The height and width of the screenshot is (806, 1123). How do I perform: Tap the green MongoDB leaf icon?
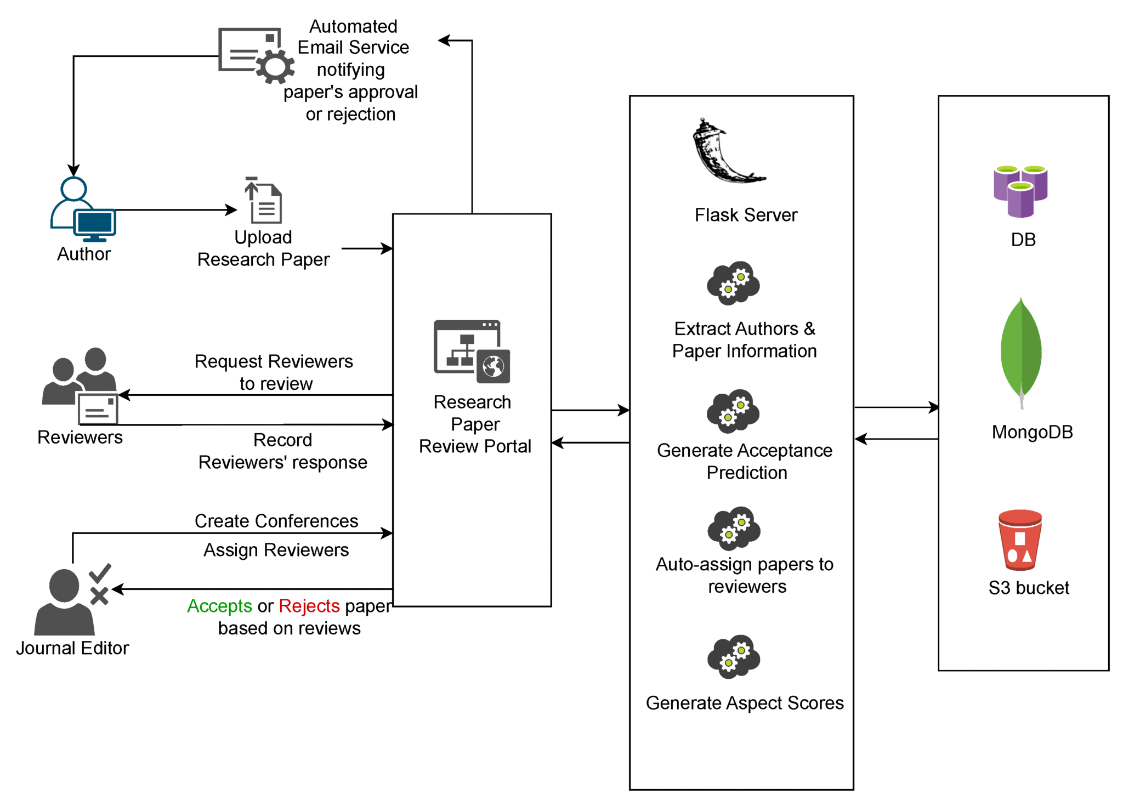1020,351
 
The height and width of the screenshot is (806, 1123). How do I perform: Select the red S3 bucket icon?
1019,540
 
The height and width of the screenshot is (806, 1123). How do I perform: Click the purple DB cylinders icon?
1020,191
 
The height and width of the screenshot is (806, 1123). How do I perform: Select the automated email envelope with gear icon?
255,55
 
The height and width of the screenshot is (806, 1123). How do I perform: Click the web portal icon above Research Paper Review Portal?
472,351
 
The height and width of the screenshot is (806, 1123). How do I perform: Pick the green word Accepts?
219,606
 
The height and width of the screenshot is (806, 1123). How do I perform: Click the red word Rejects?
309,606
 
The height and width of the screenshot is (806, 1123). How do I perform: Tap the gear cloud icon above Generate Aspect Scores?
733,656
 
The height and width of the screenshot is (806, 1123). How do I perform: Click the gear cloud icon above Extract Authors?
733,283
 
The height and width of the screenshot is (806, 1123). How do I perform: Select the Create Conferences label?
276,521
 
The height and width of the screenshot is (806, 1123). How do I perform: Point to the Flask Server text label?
746,215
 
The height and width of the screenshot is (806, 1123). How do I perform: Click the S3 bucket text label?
1029,588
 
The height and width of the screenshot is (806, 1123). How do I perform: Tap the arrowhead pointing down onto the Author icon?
73,171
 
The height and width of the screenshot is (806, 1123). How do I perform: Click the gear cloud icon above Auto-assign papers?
733,528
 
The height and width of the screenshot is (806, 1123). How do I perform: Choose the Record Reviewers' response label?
282,451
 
